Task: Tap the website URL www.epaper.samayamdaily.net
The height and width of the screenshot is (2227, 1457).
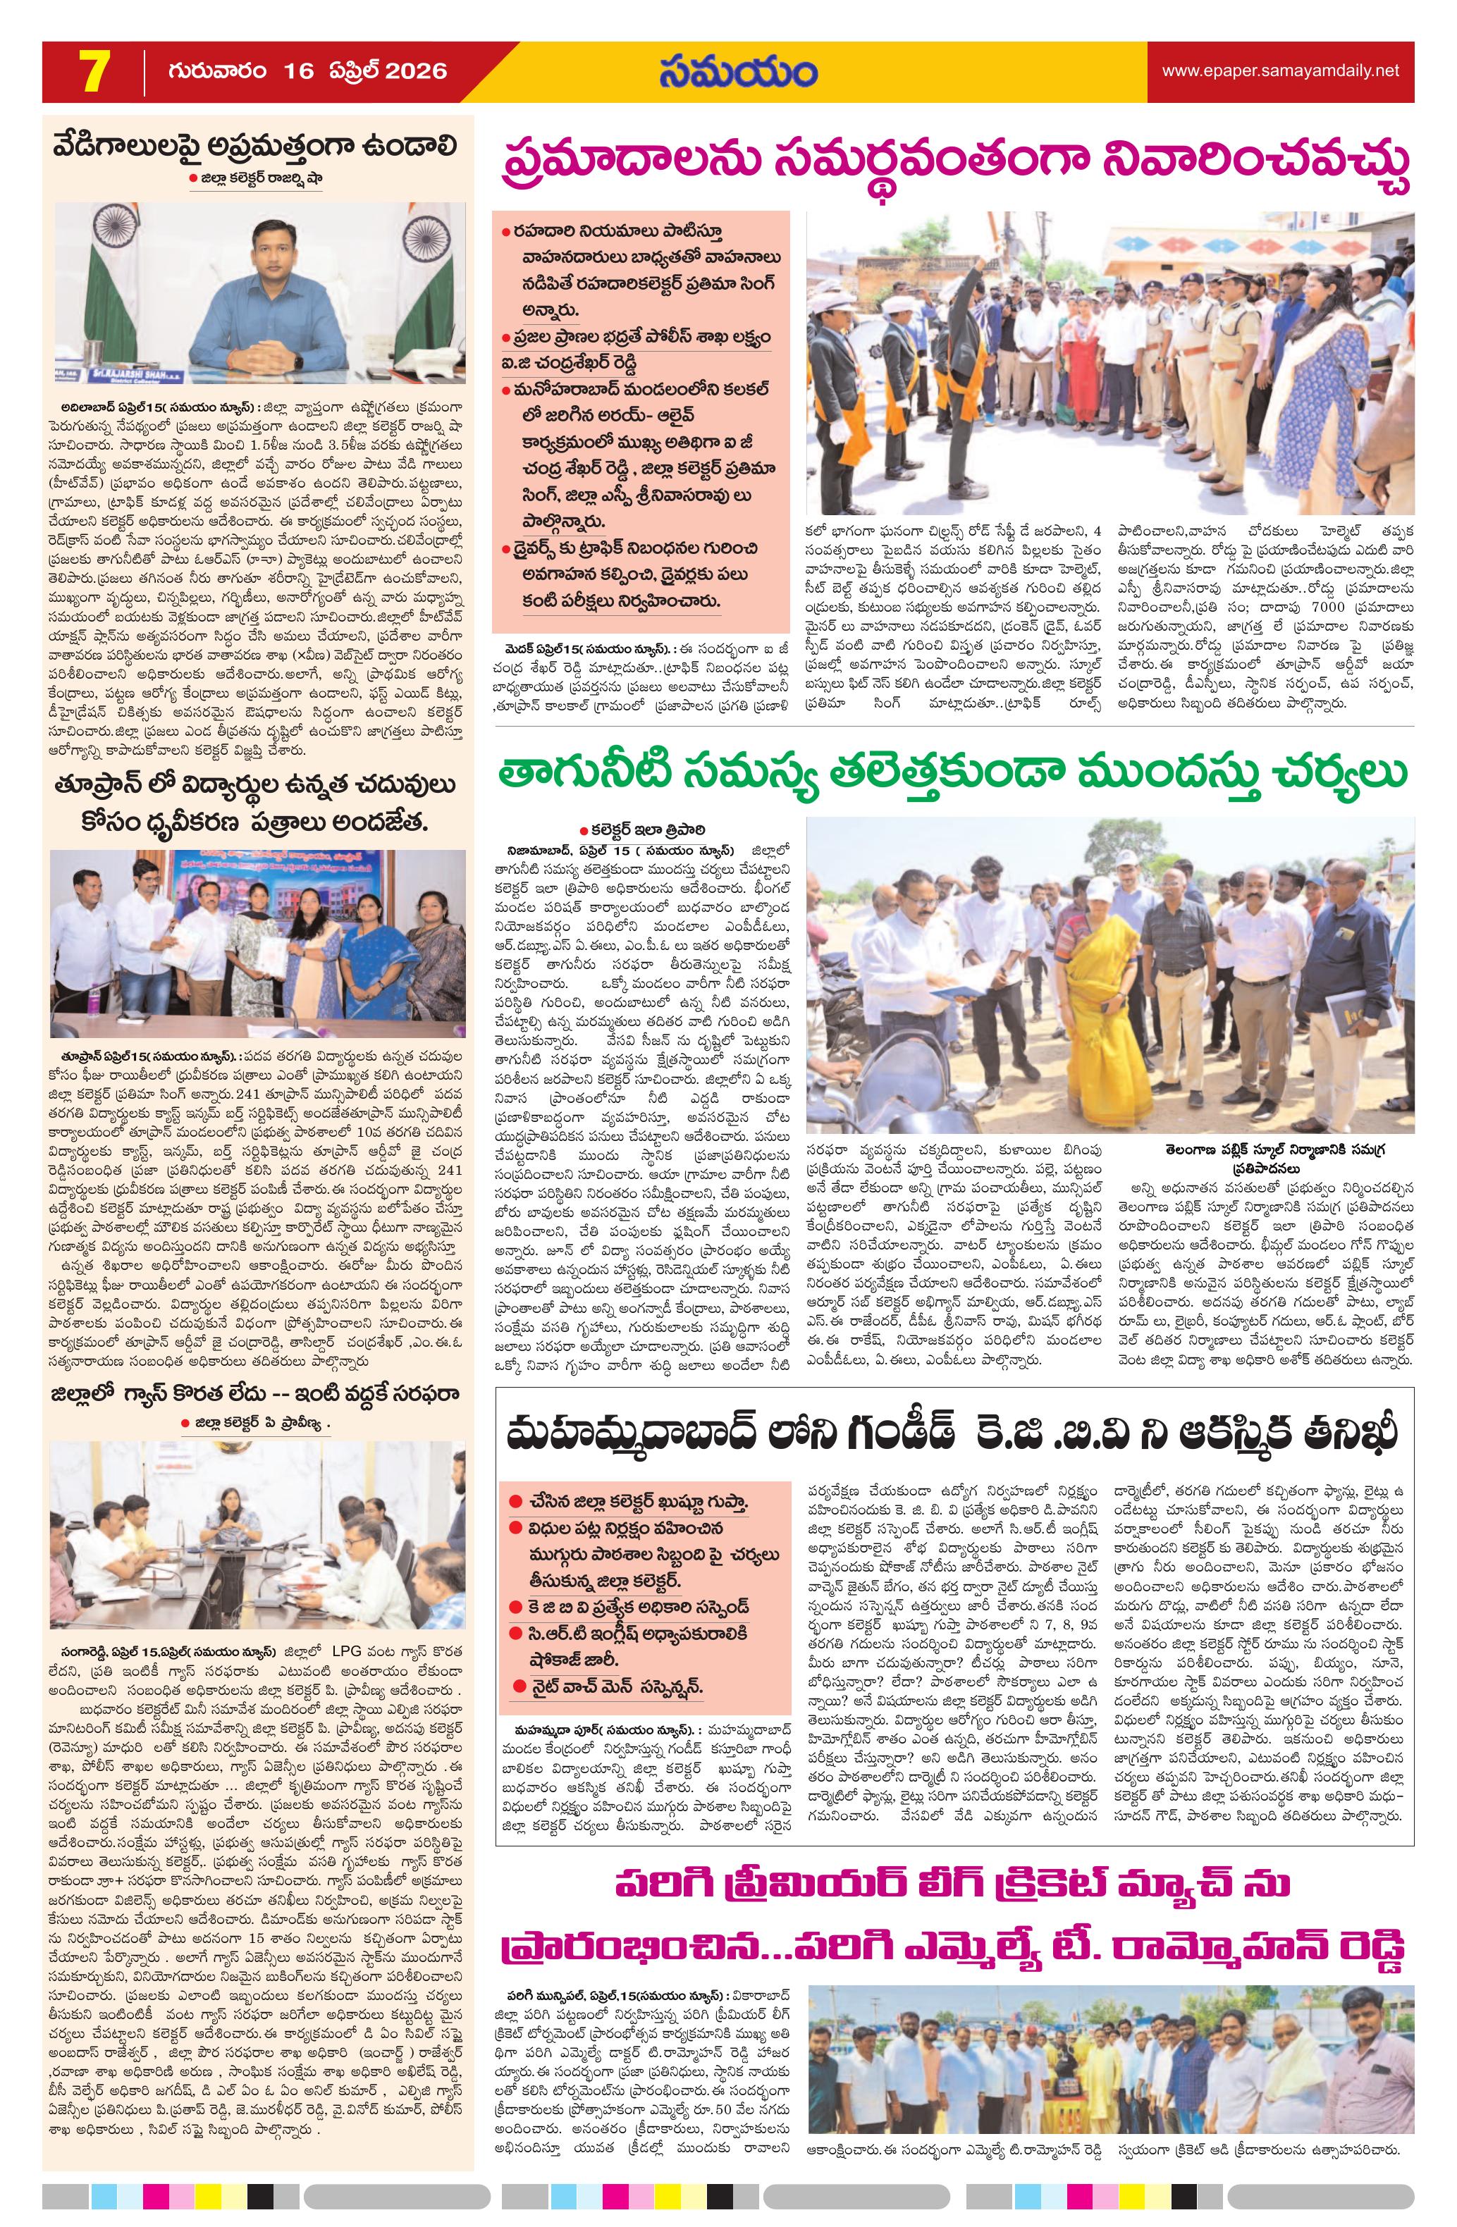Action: click(1280, 70)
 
